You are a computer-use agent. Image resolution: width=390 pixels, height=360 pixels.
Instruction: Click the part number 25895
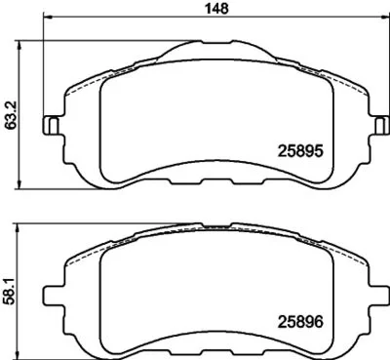301,152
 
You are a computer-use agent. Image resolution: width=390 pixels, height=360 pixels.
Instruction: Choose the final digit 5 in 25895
318,152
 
